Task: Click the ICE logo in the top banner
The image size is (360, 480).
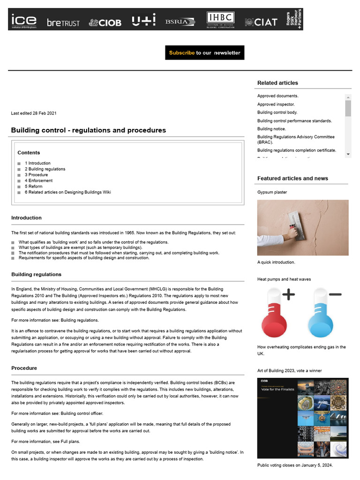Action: click(23, 21)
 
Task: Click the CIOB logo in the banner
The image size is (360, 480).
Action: click(105, 22)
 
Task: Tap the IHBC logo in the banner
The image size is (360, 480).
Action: click(220, 20)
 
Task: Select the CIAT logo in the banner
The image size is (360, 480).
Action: click(261, 22)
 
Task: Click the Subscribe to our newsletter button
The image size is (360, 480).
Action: click(204, 52)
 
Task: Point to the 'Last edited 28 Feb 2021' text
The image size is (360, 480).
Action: click(33, 113)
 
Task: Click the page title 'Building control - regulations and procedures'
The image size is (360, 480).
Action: click(88, 130)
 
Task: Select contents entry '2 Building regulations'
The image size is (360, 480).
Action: click(45, 169)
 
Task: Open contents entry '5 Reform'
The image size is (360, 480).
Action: click(33, 186)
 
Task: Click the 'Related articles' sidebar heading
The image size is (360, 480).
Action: click(277, 83)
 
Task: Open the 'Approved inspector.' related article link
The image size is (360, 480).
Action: click(276, 105)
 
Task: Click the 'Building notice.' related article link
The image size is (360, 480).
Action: click(271, 129)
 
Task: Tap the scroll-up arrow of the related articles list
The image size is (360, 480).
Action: click(348, 97)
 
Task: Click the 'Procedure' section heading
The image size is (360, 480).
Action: click(24, 368)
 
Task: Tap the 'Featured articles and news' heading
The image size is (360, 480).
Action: click(292, 179)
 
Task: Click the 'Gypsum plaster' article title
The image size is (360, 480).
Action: click(272, 192)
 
